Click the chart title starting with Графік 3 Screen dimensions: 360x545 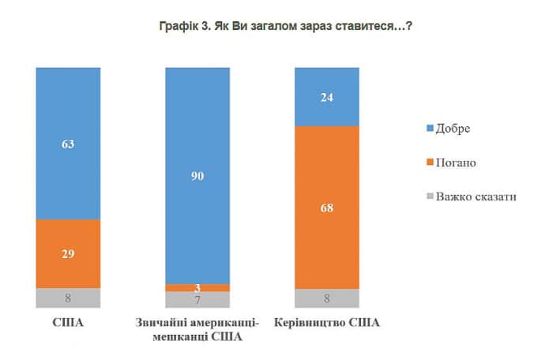(272, 26)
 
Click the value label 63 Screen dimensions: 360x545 (68, 144)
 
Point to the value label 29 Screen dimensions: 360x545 (68, 253)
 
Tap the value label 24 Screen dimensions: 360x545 (327, 98)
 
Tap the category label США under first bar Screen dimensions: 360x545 (68, 324)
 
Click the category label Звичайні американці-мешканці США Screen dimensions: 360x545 (197, 331)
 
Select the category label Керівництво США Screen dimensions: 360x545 (327, 324)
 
